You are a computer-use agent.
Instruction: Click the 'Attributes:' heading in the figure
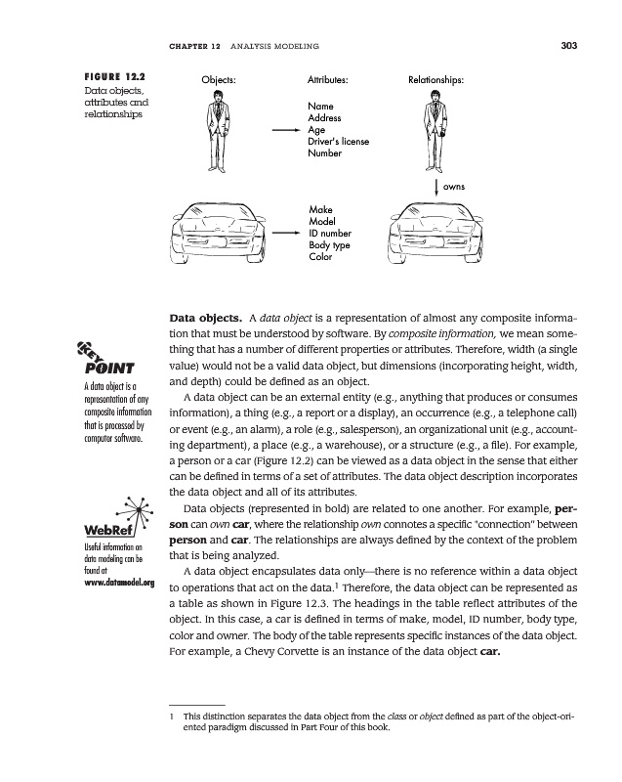point(328,76)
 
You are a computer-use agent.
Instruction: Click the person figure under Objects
point(218,129)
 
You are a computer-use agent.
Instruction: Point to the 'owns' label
point(453,186)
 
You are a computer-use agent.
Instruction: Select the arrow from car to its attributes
point(283,234)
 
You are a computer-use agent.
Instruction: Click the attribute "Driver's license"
point(338,142)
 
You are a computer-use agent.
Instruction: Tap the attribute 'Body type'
point(329,245)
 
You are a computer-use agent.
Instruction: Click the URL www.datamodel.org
point(115,584)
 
